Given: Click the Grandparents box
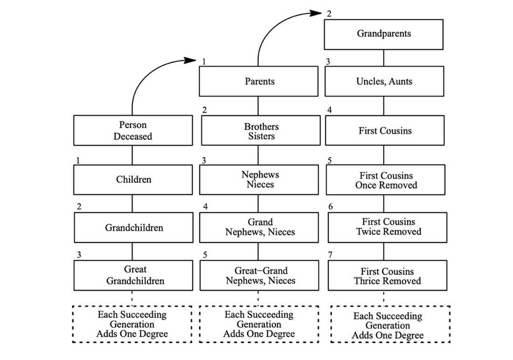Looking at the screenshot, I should [x=383, y=34].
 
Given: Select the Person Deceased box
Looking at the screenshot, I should [x=133, y=131].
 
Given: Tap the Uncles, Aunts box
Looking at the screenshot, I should [x=384, y=81].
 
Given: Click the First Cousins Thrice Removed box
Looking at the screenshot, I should [x=387, y=276].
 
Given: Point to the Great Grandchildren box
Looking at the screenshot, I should [x=133, y=275].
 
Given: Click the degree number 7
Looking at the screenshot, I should [x=331, y=255].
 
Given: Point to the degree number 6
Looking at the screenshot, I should [x=331, y=207].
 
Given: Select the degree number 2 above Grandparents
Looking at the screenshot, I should [x=329, y=14].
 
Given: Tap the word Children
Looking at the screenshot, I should [x=134, y=180].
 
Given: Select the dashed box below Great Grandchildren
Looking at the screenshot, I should [x=132, y=324].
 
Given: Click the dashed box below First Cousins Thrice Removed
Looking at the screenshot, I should [x=390, y=325].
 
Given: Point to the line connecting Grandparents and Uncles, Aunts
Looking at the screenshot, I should [x=384, y=57].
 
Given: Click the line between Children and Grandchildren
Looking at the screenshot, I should [x=132, y=203].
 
